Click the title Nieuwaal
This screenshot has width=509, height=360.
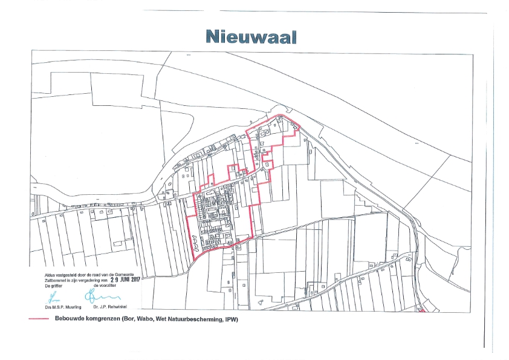[251, 37]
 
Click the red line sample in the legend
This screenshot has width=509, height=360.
[40, 319]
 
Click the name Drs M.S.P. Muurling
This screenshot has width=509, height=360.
[63, 307]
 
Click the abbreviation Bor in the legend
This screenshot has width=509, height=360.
[129, 319]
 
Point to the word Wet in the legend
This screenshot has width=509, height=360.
[165, 319]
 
